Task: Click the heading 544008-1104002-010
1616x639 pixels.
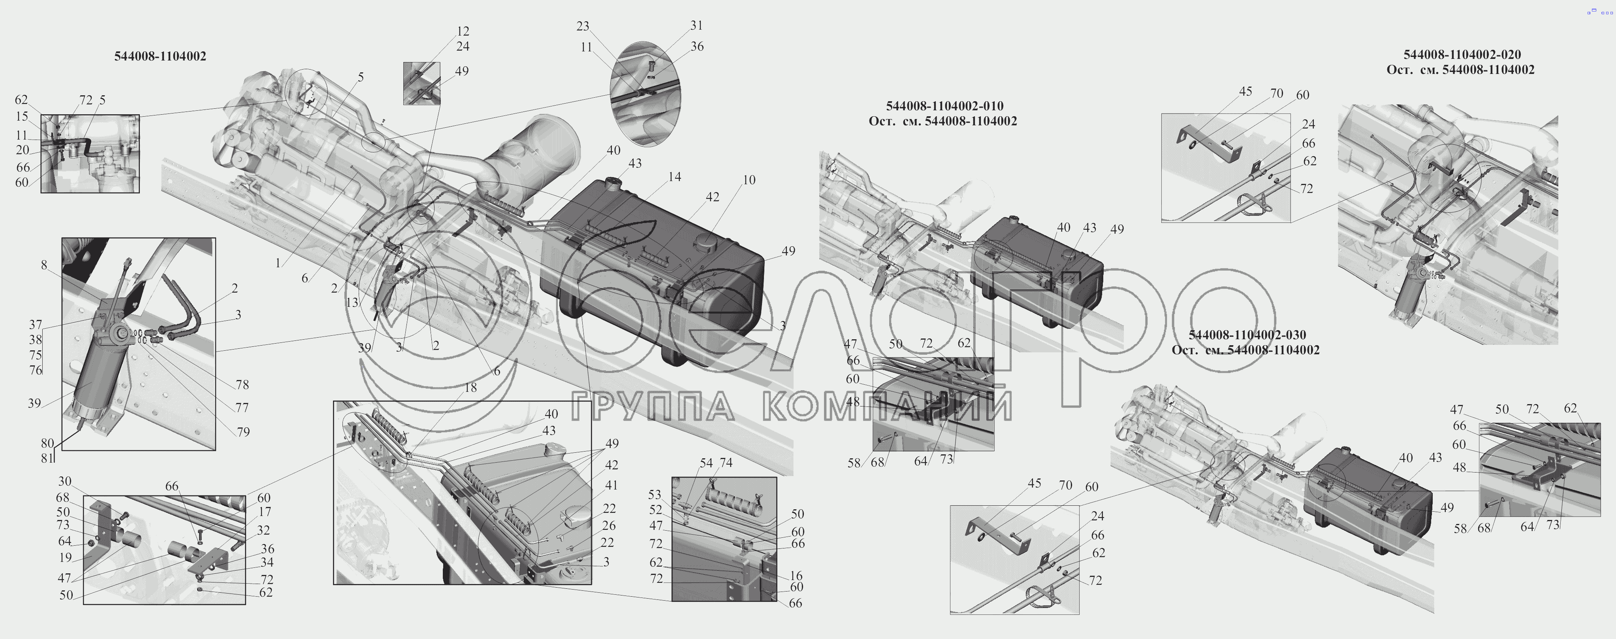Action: pos(945,106)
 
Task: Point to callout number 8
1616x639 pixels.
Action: pos(44,265)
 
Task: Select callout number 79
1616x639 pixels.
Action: pos(243,432)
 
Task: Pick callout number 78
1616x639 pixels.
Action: pos(242,385)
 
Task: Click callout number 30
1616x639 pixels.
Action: pos(65,482)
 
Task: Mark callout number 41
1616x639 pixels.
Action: pos(611,485)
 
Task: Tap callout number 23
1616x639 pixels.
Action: pos(583,26)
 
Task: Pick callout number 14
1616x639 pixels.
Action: pos(674,177)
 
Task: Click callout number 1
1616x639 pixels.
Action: pos(278,264)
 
